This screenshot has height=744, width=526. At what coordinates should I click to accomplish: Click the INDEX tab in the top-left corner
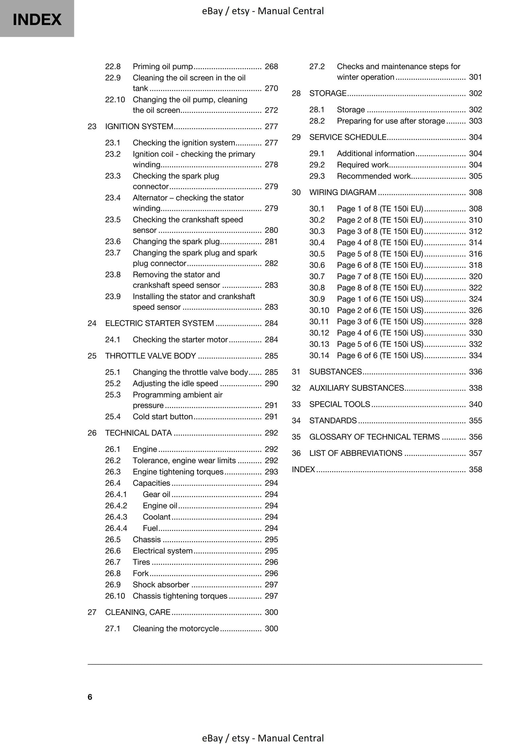click(x=37, y=19)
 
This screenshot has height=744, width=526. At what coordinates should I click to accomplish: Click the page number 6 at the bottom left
click(x=90, y=697)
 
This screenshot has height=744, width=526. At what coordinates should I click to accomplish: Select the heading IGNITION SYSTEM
click(x=139, y=126)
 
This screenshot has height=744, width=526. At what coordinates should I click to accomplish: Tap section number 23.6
click(x=112, y=241)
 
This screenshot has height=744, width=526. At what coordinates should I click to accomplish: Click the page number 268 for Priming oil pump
click(x=271, y=67)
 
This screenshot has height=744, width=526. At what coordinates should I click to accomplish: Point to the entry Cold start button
click(x=163, y=417)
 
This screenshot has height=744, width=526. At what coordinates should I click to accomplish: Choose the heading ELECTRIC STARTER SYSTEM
click(x=159, y=323)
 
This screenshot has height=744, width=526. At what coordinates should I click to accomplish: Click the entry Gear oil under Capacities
click(x=156, y=494)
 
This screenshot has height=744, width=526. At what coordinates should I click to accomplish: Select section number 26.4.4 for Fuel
click(x=116, y=528)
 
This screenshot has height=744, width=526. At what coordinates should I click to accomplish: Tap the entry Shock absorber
click(x=161, y=584)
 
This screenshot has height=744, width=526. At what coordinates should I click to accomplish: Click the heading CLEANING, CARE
click(x=138, y=612)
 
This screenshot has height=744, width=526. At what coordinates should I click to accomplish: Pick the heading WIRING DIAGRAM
click(x=343, y=192)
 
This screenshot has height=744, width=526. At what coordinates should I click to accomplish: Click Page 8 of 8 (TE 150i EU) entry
click(x=380, y=287)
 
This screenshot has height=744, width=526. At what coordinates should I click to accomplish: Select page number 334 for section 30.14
click(x=475, y=355)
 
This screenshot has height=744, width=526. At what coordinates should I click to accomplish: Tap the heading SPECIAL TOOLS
click(x=339, y=404)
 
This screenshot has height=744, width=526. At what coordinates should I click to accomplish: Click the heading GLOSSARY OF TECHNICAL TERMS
click(x=374, y=437)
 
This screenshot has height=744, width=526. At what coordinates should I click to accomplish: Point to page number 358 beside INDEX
click(x=475, y=469)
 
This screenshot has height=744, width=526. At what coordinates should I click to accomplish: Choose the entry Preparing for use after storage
click(x=391, y=121)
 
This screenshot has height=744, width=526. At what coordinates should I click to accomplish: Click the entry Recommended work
click(x=374, y=176)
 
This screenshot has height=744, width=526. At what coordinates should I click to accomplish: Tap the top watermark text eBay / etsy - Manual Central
click(x=263, y=11)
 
